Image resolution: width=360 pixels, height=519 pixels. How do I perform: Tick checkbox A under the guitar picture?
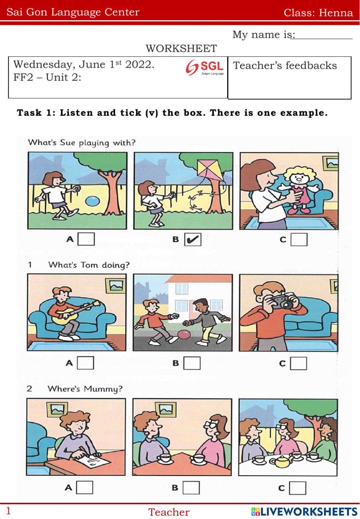point(85,363)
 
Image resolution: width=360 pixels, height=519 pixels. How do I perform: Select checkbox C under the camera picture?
point(298,363)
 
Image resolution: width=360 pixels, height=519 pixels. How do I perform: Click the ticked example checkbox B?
point(193,239)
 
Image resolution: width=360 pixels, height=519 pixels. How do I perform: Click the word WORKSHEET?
point(181,49)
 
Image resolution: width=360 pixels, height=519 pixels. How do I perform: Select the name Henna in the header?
point(336,13)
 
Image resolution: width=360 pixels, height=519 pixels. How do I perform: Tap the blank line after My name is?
point(322,38)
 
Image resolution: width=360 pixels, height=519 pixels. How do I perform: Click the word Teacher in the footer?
point(169,512)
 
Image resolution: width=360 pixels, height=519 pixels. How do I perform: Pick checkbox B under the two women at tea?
point(191,487)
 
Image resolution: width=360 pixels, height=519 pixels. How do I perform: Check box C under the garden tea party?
point(298,488)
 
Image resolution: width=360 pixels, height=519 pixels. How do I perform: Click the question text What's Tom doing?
point(89,265)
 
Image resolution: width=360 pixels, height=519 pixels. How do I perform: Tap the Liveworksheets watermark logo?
point(304,511)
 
